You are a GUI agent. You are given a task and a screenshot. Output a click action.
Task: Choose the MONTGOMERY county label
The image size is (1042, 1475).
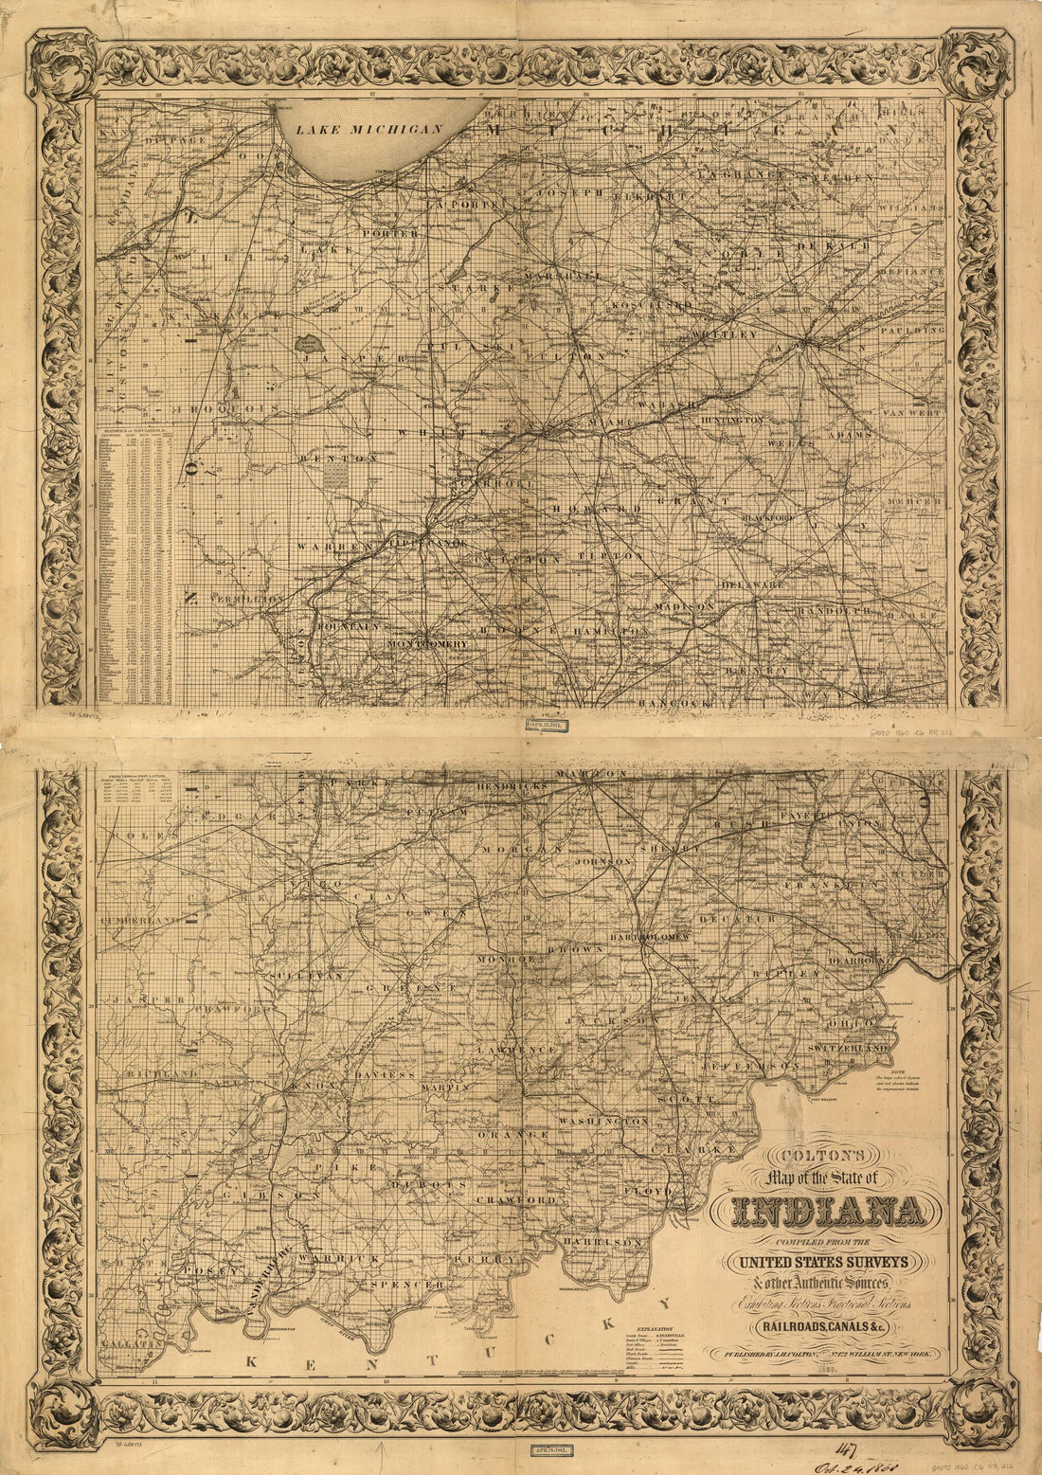(428, 643)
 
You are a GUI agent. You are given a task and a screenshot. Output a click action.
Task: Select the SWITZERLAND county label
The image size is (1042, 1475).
(847, 1050)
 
